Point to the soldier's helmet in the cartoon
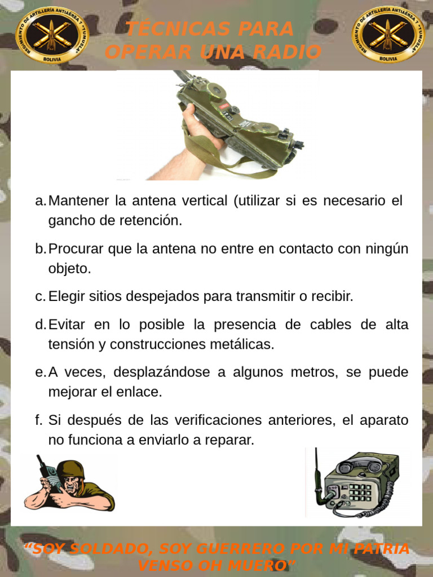point(70,468)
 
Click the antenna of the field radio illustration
point(317,468)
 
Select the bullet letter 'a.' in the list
point(40,201)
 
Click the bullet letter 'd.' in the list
point(40,325)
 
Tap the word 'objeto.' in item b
point(69,269)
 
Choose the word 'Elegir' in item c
point(67,297)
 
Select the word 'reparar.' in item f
point(231,441)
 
